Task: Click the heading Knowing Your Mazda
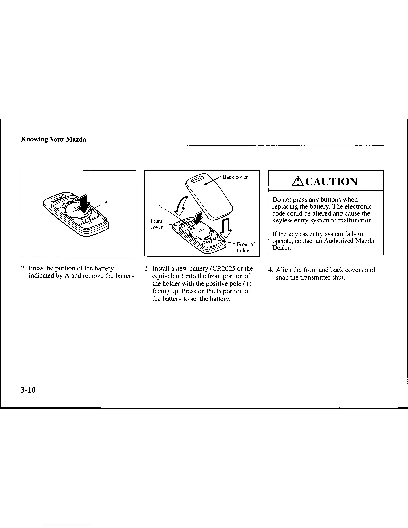[x=54, y=140]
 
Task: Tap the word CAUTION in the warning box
[x=331, y=182]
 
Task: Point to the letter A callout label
[x=106, y=202]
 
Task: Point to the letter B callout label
[x=161, y=208]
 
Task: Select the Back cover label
[x=235, y=177]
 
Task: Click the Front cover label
[x=156, y=224]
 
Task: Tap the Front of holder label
[x=246, y=247]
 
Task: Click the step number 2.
[x=23, y=269]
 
